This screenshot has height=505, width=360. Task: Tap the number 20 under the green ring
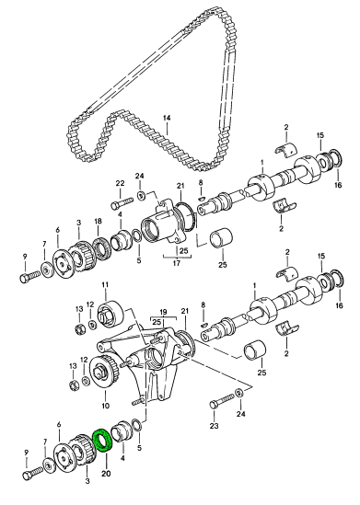tap(106, 473)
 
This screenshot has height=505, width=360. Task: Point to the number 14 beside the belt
tap(167, 118)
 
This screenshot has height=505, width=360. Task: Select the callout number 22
tap(120, 184)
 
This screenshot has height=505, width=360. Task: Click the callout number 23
tap(214, 426)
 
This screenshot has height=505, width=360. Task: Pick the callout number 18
tap(98, 222)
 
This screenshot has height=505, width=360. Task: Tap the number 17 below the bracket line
tap(177, 263)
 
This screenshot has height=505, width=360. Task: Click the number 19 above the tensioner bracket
tap(163, 312)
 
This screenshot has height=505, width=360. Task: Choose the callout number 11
tap(105, 285)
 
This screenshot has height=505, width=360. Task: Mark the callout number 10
tap(105, 406)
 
